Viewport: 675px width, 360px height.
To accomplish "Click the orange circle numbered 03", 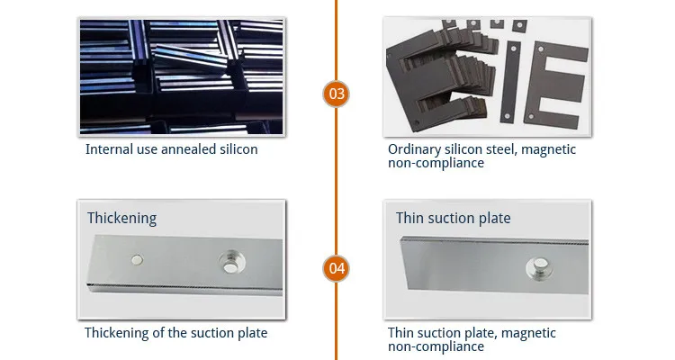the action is tap(337, 94).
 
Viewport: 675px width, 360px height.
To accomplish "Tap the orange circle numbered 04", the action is tap(337, 268).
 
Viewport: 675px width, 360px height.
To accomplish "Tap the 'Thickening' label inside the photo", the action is tap(122, 218).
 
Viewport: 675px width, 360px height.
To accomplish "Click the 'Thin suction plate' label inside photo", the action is tap(454, 218).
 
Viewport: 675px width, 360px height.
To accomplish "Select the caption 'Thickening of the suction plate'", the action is tap(175, 333).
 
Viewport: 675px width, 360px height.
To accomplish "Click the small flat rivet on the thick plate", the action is tap(137, 260).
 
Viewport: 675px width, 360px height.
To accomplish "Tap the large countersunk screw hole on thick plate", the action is tap(231, 262).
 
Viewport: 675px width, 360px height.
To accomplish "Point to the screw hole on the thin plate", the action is tap(538, 268).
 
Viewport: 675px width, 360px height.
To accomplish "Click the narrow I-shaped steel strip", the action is tap(511, 82).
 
